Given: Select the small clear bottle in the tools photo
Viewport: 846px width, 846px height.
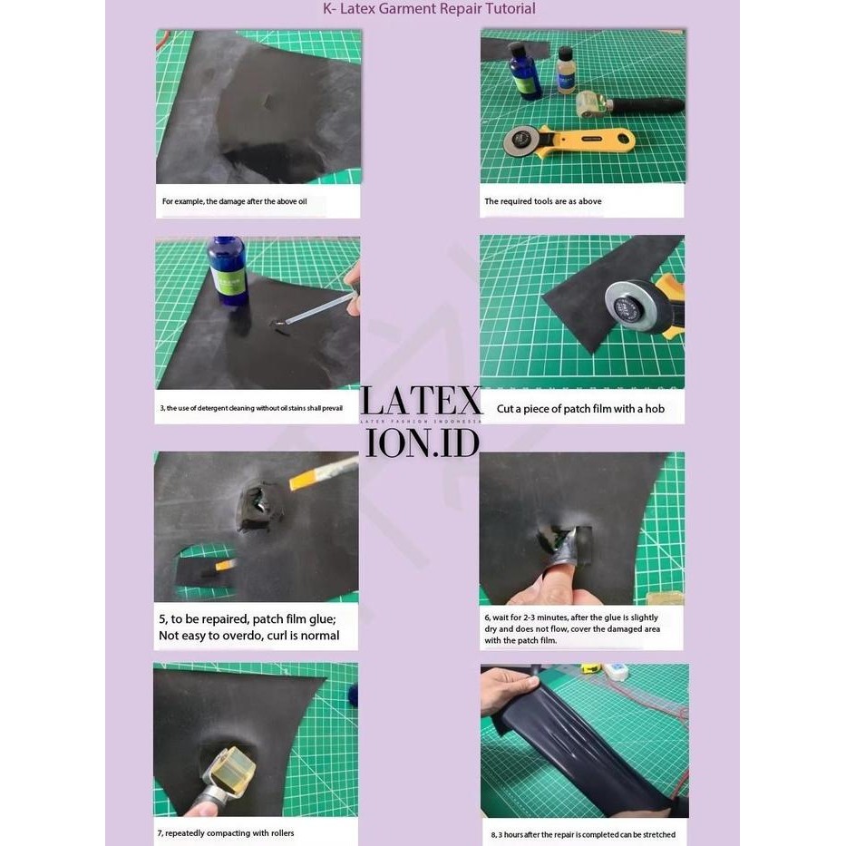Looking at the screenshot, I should [566, 71].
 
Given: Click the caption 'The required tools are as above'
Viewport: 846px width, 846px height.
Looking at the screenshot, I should [543, 201].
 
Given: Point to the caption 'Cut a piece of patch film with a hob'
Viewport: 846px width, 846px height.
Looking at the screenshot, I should [580, 409].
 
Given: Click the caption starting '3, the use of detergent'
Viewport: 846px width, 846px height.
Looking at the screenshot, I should [251, 408].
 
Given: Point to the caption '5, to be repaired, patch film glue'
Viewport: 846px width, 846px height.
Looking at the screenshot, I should [248, 627].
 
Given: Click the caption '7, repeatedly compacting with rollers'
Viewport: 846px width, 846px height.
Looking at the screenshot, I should [227, 832].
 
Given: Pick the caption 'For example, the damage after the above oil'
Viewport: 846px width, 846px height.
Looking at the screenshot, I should [235, 201].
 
